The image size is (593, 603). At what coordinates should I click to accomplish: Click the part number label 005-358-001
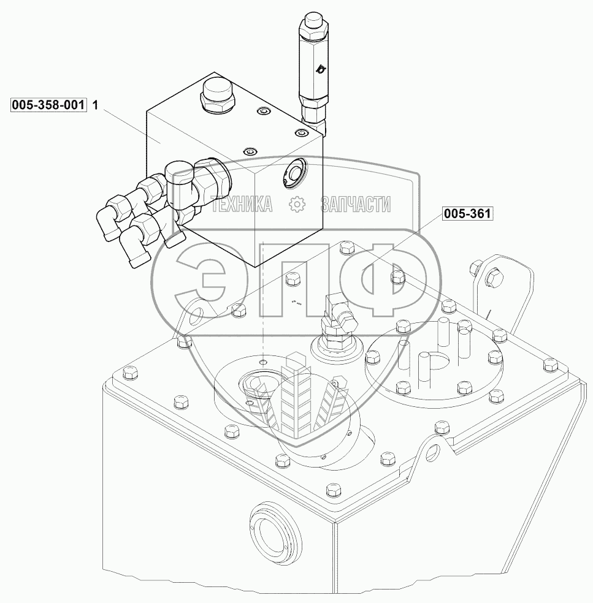[x=48, y=105]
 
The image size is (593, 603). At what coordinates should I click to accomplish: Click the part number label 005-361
[x=468, y=213]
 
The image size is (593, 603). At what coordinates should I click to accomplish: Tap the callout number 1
[x=96, y=105]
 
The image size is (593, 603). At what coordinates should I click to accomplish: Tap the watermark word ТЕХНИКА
[x=242, y=204]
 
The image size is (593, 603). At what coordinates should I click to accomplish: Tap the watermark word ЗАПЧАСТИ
[x=356, y=204]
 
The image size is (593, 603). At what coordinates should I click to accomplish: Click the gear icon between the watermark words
[x=297, y=204]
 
